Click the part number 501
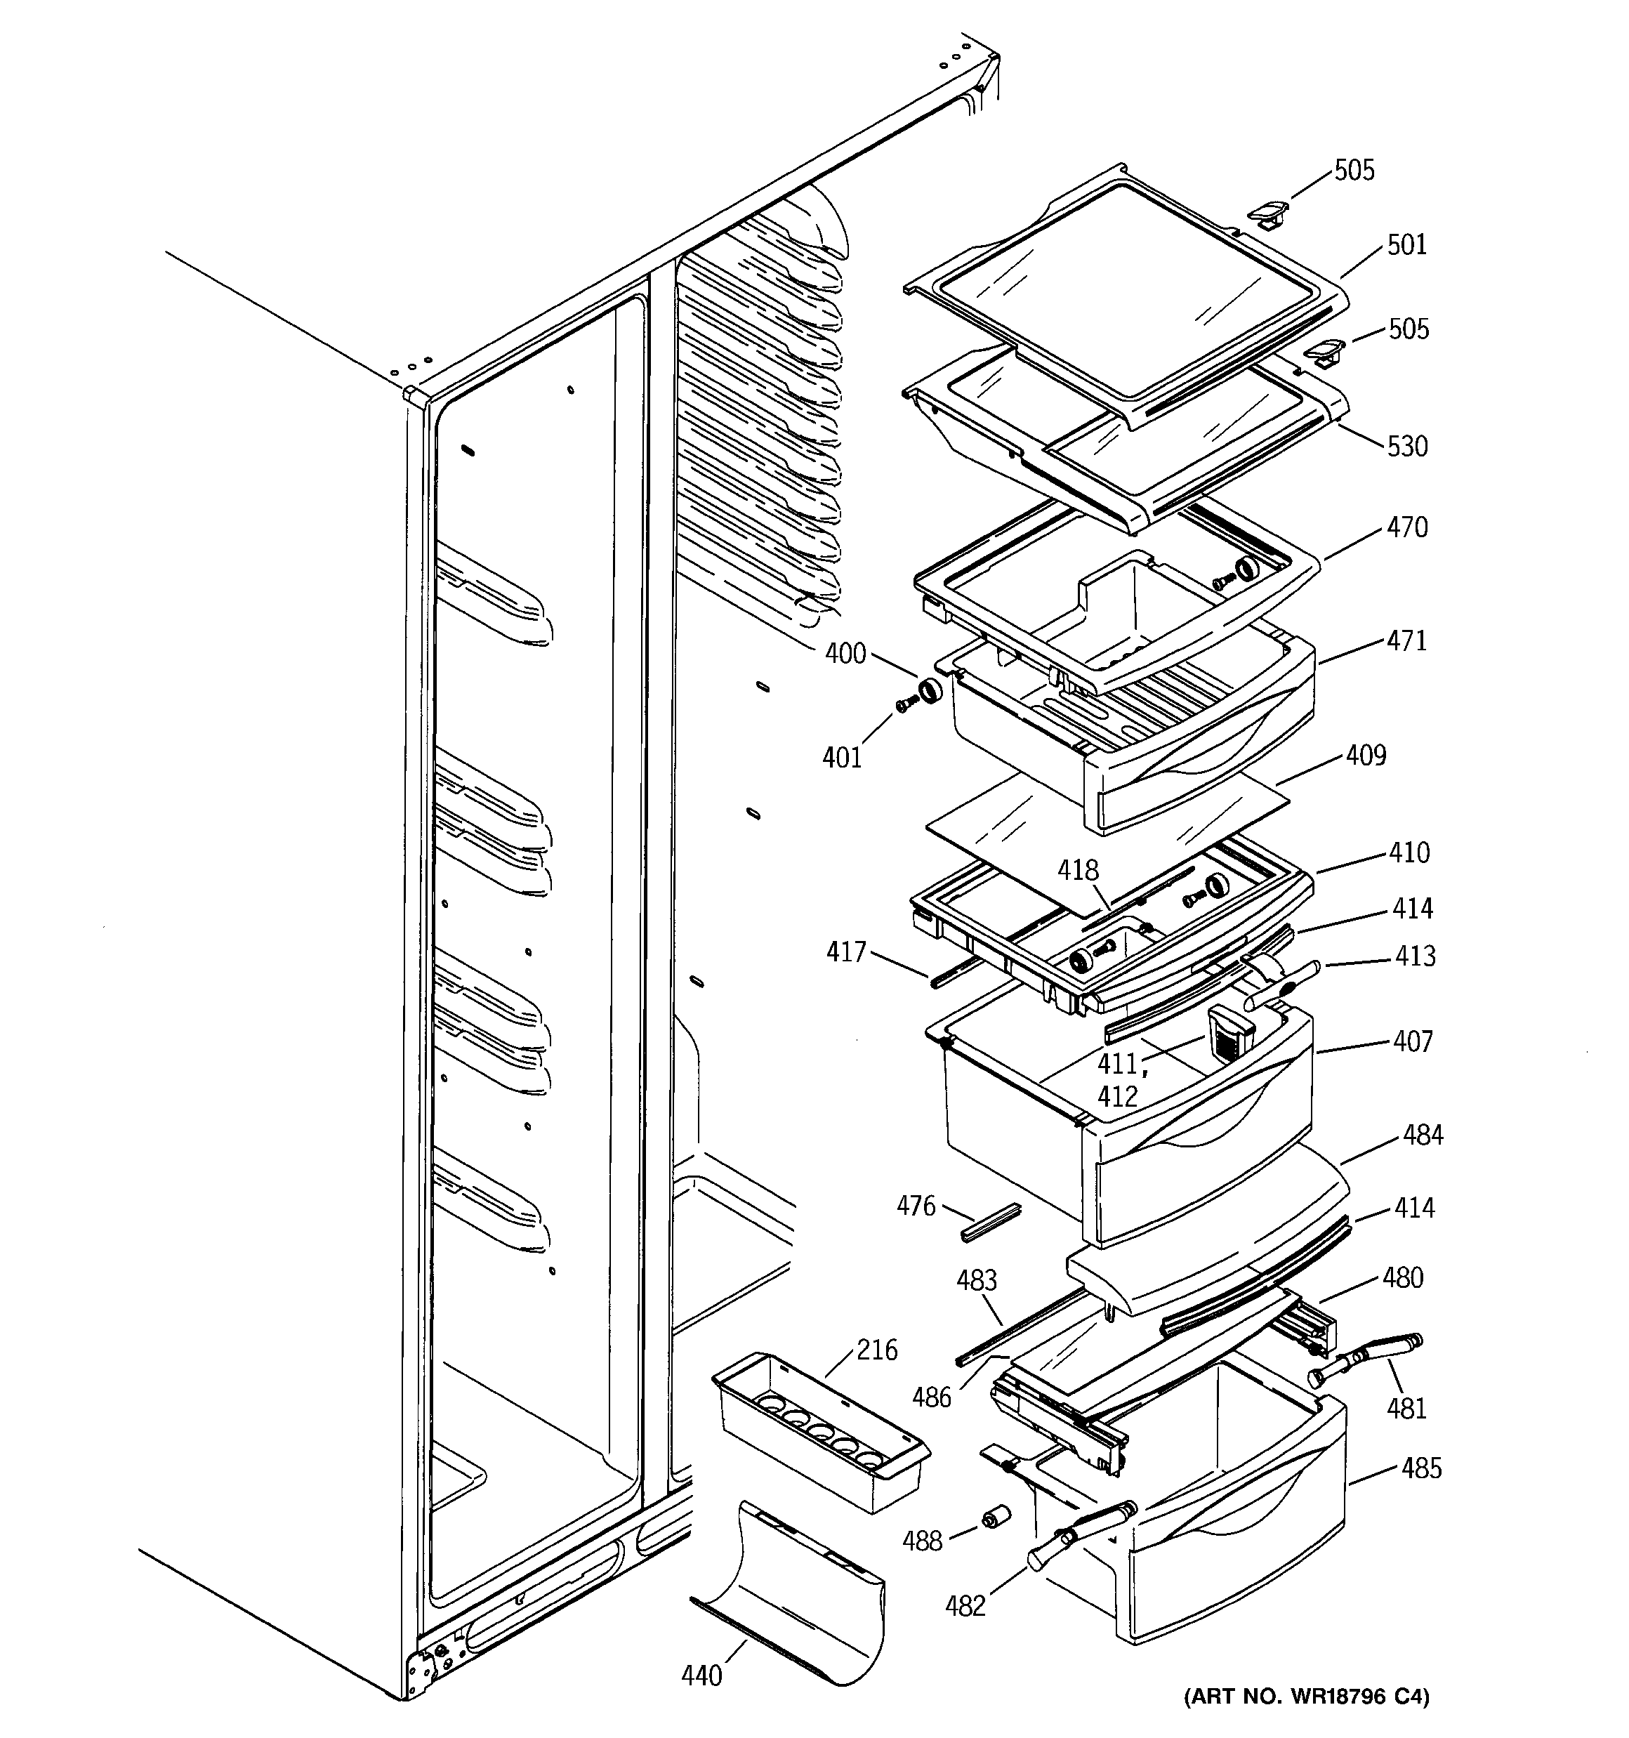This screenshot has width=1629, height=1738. point(1407,245)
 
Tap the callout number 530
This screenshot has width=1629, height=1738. point(1407,447)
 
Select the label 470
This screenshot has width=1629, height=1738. point(1407,527)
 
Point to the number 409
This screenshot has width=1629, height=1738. point(1366,754)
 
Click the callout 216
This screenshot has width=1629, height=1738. point(876,1350)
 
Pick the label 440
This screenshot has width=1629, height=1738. point(701,1675)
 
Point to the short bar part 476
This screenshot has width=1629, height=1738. point(991,1220)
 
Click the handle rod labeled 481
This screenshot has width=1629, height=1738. point(1366,1359)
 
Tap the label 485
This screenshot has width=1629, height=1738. point(1421,1468)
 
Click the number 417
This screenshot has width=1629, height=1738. point(845,952)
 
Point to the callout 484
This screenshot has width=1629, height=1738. point(1423,1135)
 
